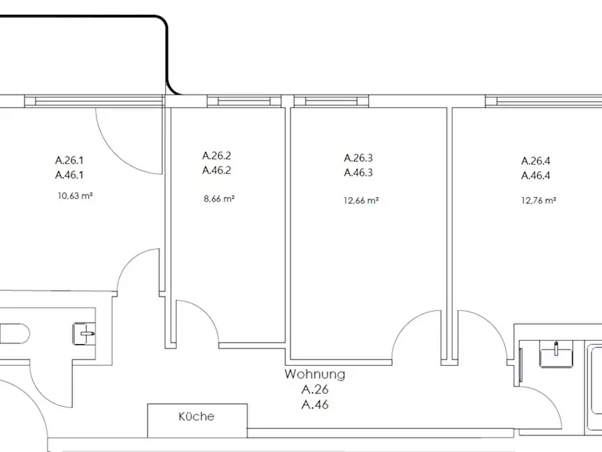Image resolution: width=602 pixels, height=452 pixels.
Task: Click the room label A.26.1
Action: tap(69, 160)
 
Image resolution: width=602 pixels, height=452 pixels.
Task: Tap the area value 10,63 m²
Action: tap(76, 196)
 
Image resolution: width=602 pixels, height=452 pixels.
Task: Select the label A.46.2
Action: tap(216, 170)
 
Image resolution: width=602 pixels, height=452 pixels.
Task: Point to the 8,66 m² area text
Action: tap(219, 199)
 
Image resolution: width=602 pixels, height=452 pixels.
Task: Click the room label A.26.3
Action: tap(358, 158)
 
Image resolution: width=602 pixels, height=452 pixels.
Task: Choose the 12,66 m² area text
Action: tap(361, 200)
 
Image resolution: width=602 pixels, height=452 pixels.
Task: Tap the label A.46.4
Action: tap(535, 175)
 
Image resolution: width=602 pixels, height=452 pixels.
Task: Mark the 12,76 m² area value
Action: tap(539, 200)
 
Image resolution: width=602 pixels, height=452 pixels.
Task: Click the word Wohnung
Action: tap(315, 374)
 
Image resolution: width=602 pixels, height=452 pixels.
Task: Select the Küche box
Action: tap(198, 420)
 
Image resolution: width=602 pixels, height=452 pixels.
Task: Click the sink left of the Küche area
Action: tap(84, 334)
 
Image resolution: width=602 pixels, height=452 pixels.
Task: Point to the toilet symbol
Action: tap(15, 334)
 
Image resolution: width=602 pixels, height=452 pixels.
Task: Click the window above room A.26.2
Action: tap(244, 101)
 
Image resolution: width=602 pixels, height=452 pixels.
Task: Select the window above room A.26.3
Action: tap(331, 101)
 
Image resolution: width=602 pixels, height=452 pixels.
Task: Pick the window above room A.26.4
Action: tap(543, 101)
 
